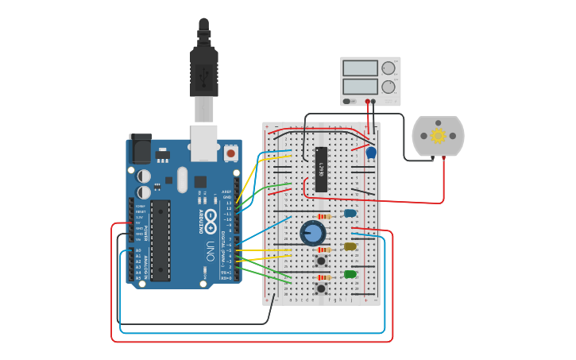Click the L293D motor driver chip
(x=321, y=169)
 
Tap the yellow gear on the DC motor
(x=438, y=135)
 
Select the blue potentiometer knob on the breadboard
(x=313, y=233)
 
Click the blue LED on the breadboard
(x=350, y=213)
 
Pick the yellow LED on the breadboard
(x=350, y=246)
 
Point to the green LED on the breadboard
(x=350, y=274)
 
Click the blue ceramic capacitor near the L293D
(x=371, y=152)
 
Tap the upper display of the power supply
(x=360, y=68)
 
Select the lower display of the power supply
(x=360, y=87)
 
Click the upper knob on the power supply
(x=388, y=68)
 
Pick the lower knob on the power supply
(x=388, y=87)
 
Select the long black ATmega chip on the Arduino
(x=160, y=240)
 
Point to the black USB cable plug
(x=204, y=72)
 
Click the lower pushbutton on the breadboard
(x=322, y=288)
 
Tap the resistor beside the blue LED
(x=323, y=216)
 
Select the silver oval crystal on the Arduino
(x=182, y=179)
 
